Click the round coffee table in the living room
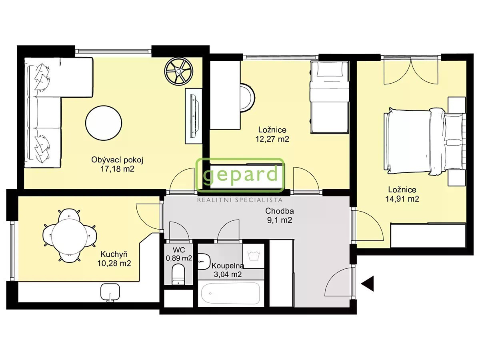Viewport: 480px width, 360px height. (x=104, y=123)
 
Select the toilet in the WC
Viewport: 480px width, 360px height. (x=178, y=274)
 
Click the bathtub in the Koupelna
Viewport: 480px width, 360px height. (x=230, y=293)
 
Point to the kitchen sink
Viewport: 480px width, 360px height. (x=110, y=292)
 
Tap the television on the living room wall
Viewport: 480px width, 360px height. (x=194, y=116)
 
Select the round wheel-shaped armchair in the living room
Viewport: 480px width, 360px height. (x=178, y=71)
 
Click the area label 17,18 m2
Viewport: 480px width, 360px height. (x=117, y=169)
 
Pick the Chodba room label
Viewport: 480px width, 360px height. (x=280, y=211)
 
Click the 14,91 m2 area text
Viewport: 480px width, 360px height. (x=402, y=199)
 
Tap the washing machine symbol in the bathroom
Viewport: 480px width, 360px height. (x=254, y=256)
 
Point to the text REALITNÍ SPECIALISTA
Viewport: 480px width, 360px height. (x=240, y=200)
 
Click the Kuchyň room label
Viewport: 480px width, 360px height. (x=114, y=254)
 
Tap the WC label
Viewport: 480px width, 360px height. (x=179, y=250)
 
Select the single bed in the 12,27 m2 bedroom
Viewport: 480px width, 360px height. (x=330, y=97)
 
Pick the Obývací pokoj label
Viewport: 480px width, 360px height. (x=117, y=160)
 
